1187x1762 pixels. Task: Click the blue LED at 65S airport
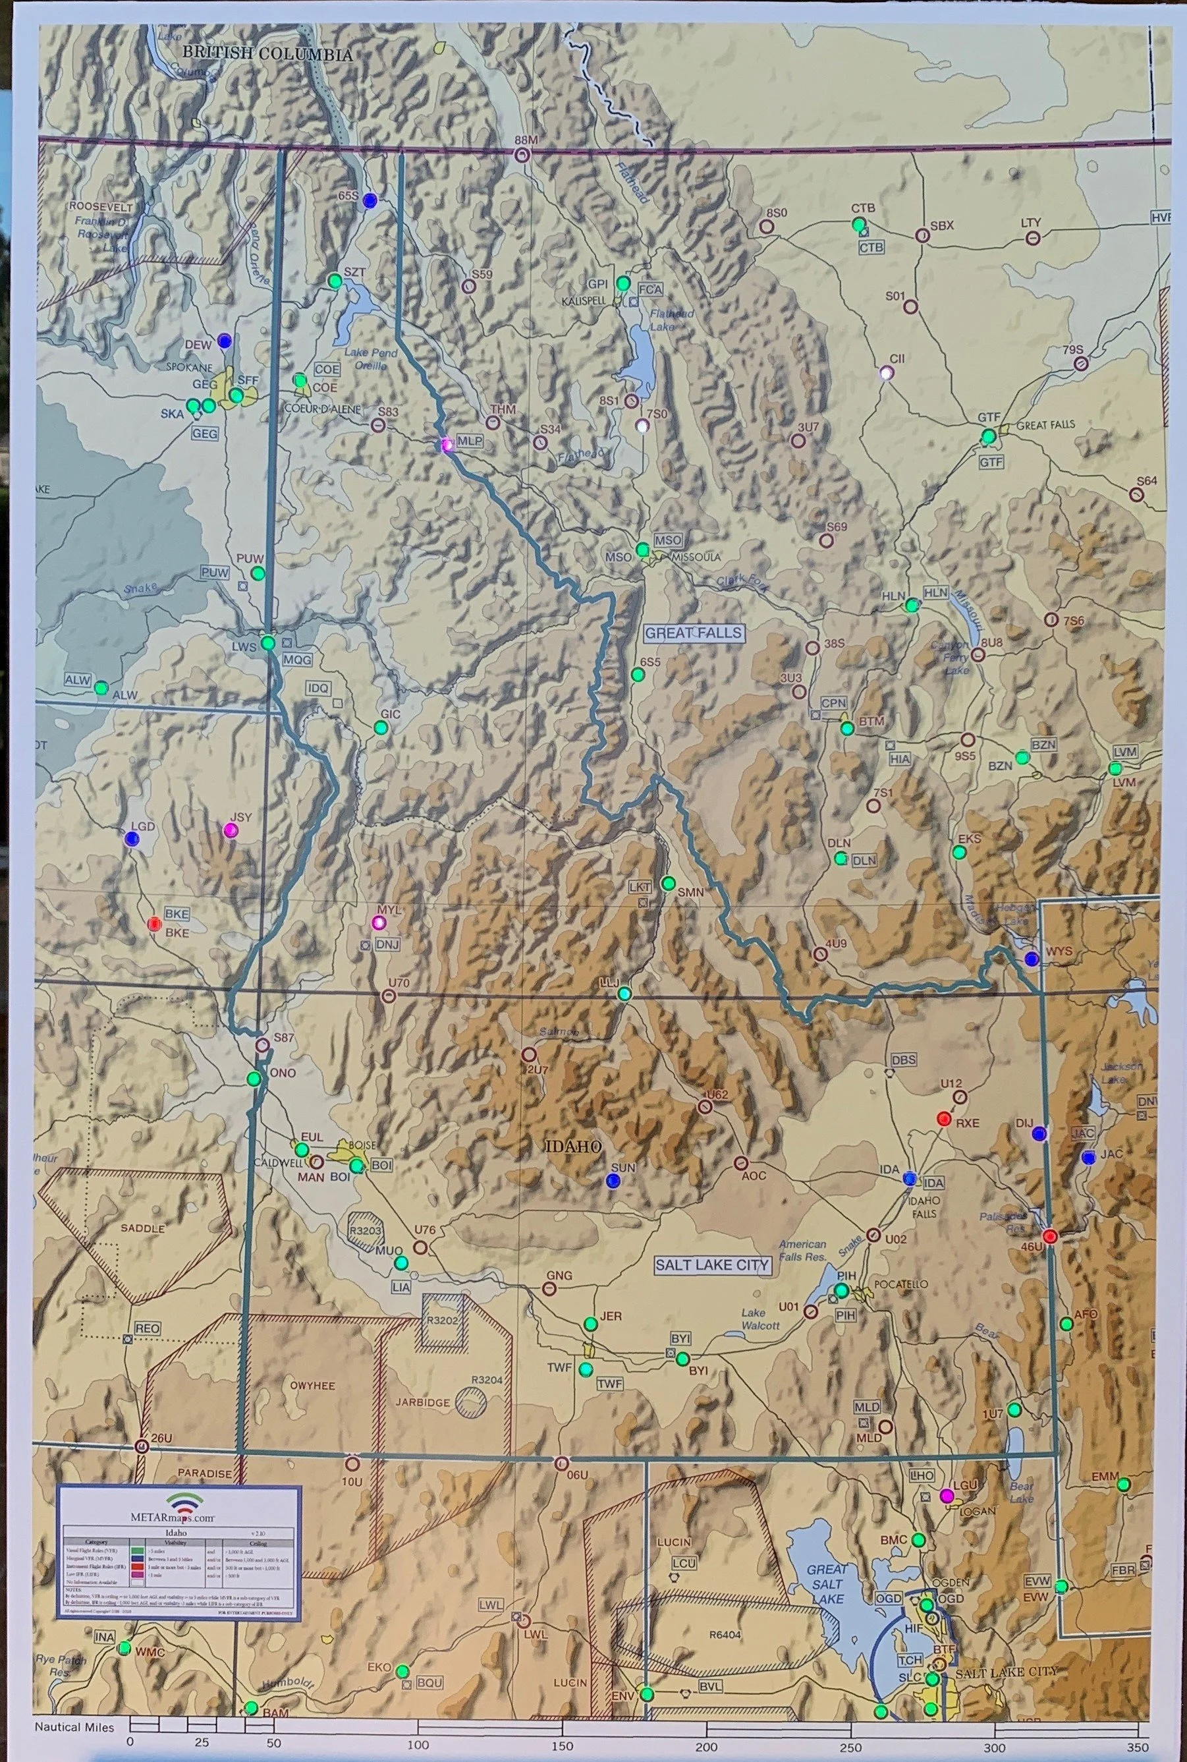click(x=370, y=201)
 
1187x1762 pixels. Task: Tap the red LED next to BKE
click(x=153, y=923)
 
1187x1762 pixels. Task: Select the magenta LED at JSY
click(x=231, y=830)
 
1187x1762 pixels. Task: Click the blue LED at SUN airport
click(x=613, y=1180)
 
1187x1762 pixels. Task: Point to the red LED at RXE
click(x=943, y=1118)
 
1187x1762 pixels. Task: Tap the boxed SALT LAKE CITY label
click(x=711, y=1265)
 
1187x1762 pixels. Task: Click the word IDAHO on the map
click(x=573, y=1147)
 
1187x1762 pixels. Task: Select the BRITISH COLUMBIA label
click(x=267, y=55)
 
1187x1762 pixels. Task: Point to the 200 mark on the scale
click(x=705, y=1742)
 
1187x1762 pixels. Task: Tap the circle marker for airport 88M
click(x=521, y=156)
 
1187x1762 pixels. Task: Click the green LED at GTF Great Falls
click(x=988, y=436)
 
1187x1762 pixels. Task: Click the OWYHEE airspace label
click(x=312, y=1386)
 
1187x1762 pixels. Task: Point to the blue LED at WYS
click(x=1030, y=959)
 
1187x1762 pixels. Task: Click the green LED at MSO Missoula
click(x=643, y=549)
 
